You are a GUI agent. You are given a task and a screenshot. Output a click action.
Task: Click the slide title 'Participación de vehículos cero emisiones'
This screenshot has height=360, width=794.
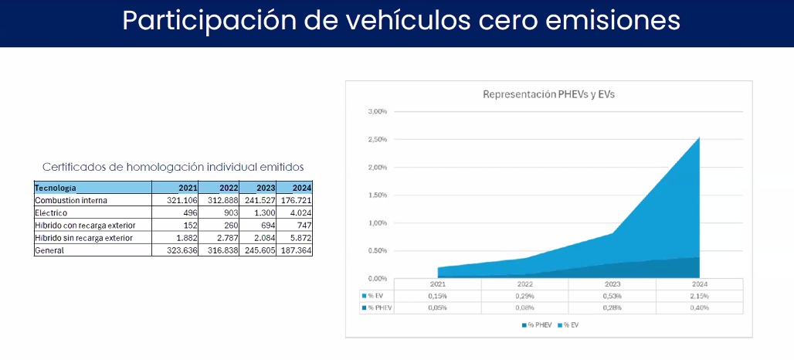(401, 21)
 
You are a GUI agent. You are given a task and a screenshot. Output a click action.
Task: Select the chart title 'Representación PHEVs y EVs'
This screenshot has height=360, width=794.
(548, 94)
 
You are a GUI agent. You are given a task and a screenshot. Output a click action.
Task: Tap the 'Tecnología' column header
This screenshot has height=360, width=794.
(56, 188)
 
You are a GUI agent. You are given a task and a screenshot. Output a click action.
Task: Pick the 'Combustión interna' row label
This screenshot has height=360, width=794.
(71, 200)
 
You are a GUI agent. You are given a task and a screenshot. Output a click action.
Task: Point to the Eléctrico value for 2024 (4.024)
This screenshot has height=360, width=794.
(297, 212)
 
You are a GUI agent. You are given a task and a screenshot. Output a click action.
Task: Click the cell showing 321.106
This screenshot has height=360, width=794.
(182, 200)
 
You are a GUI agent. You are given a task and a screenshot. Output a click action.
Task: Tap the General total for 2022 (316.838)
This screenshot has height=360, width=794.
(222, 250)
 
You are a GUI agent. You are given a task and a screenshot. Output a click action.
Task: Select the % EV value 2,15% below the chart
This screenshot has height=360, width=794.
(699, 296)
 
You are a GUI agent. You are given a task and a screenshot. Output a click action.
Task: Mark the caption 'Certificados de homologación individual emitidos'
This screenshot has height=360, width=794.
(172, 166)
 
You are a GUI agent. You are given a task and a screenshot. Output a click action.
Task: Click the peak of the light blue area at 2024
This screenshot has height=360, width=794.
(698, 138)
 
